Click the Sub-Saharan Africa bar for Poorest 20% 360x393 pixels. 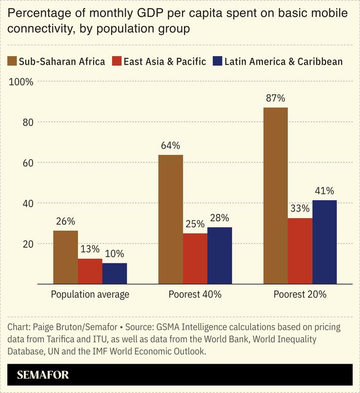click(275, 196)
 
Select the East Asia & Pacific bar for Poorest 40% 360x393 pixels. click(195, 258)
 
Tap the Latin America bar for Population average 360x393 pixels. click(114, 274)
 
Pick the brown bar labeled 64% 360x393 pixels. click(171, 219)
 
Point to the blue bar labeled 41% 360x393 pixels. click(324, 242)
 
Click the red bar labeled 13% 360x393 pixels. click(90, 271)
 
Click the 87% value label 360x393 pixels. click(275, 98)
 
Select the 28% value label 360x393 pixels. click(219, 218)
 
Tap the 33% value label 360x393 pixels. click(300, 208)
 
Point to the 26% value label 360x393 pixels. click(66, 221)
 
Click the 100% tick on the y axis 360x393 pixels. click(21, 82)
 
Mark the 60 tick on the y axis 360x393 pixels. click(28, 163)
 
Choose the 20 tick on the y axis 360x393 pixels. click(28, 244)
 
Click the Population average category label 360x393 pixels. click(90, 295)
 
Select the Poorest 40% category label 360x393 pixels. click(195, 295)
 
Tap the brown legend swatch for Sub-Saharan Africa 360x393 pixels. click(12, 61)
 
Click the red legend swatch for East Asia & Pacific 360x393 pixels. click(117, 61)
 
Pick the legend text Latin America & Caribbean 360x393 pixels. click(284, 61)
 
